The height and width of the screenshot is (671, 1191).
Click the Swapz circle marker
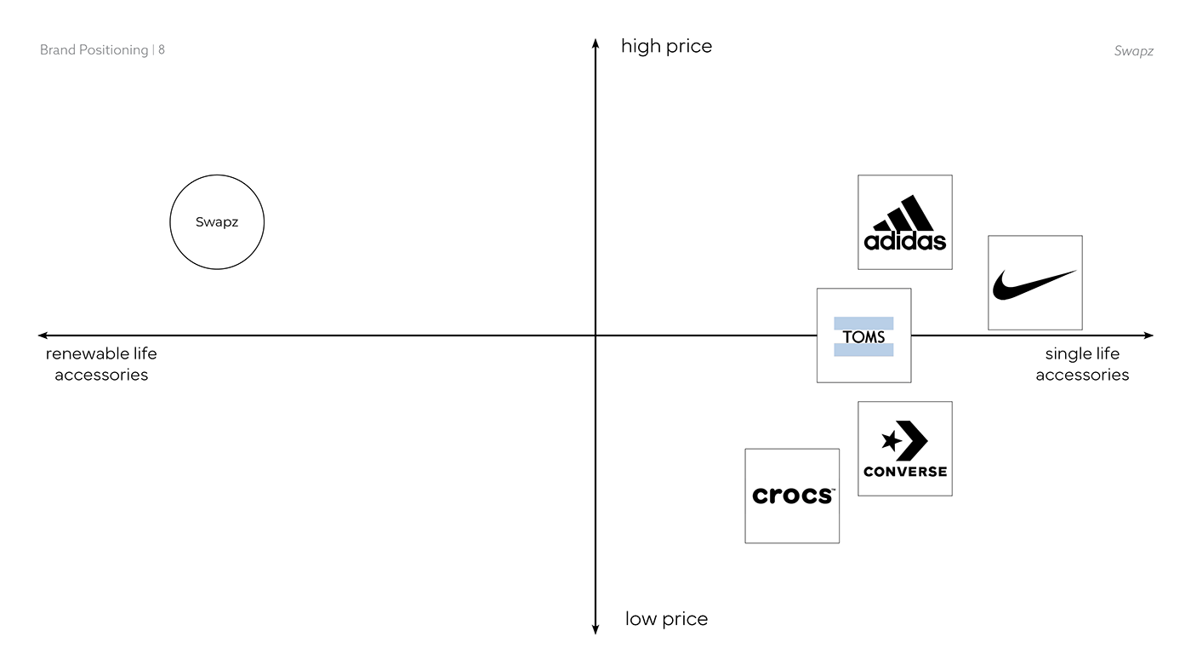point(217,222)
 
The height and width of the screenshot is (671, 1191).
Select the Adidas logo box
point(904,222)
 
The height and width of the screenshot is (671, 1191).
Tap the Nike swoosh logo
point(1034,284)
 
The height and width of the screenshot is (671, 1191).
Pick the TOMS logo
point(863,335)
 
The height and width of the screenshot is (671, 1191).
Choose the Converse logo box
point(904,449)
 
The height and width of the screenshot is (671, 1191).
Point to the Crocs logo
point(792,496)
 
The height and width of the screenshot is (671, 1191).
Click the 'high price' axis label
point(666,46)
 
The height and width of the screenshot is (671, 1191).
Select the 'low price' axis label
point(666,619)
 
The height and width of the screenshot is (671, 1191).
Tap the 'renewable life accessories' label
point(101,364)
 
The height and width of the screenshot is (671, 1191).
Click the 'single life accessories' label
point(1082,364)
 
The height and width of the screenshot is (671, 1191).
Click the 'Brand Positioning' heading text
point(94,50)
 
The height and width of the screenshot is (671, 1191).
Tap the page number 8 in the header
point(162,50)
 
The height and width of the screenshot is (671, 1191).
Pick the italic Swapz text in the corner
point(1133,51)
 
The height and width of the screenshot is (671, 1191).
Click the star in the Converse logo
point(891,441)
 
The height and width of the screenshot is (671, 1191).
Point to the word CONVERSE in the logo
point(904,472)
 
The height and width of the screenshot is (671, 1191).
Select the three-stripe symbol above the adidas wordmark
point(904,213)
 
